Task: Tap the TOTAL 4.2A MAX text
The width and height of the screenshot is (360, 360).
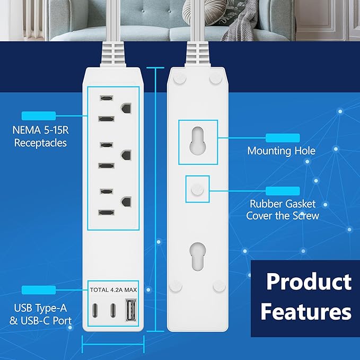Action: [x=112, y=289]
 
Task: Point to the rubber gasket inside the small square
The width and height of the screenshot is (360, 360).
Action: [x=196, y=188]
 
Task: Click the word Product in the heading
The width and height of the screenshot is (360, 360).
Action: [x=309, y=282]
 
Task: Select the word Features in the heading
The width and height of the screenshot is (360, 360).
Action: [x=306, y=311]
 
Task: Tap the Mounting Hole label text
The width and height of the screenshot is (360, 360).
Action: [x=281, y=151]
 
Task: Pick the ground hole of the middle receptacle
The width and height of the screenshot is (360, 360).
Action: [x=126, y=155]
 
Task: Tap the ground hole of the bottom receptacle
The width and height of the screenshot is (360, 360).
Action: [x=126, y=202]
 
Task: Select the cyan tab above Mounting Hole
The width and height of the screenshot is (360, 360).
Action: [x=282, y=138]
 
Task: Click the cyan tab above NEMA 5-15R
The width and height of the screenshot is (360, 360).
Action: [x=38, y=116]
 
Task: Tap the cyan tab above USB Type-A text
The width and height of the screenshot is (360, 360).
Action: [x=38, y=289]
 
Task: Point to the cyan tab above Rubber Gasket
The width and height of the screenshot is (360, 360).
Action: [x=282, y=190]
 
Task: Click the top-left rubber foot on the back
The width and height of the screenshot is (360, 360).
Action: [x=179, y=78]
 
